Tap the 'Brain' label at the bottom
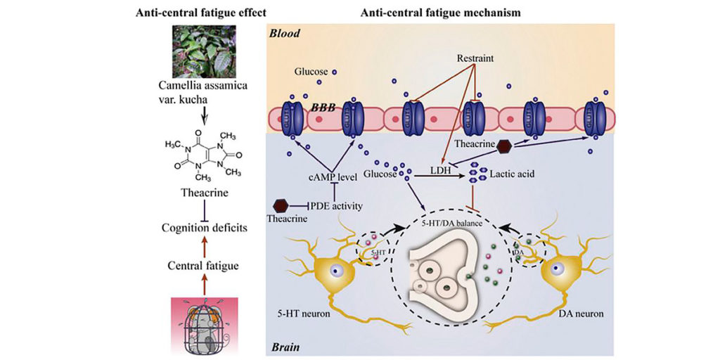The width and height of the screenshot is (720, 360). click(284, 347)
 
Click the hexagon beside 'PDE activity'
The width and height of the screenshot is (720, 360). click(280, 205)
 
